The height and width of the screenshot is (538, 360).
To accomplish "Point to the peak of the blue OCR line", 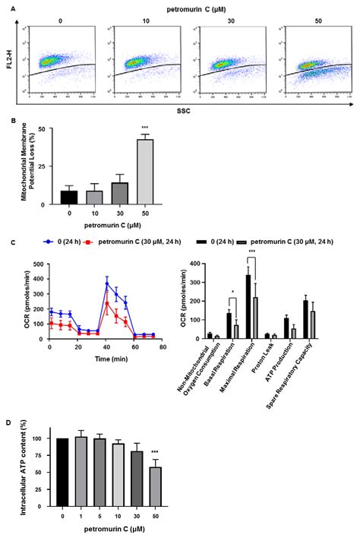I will point(108,284).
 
